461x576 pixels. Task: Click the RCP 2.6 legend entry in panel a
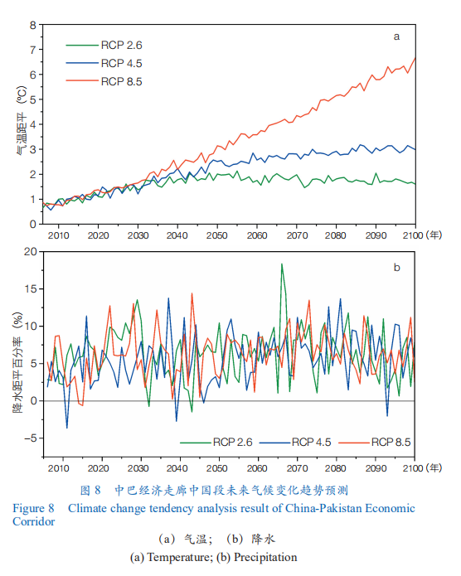click(x=104, y=45)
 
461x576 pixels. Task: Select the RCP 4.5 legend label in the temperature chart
click(x=122, y=63)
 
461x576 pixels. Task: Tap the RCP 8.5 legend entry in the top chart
click(x=104, y=81)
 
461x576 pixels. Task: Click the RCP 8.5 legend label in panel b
click(x=391, y=442)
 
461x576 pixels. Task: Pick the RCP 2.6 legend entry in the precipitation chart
click(x=216, y=442)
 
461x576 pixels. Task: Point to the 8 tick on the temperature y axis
click(x=33, y=26)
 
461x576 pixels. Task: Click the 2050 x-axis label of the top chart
click(x=217, y=235)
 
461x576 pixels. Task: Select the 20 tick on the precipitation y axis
click(x=31, y=252)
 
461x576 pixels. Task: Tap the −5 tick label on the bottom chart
click(x=31, y=438)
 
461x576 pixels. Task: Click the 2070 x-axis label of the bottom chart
click(x=297, y=468)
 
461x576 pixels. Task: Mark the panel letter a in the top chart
click(x=396, y=36)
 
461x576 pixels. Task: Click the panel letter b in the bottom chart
click(x=396, y=267)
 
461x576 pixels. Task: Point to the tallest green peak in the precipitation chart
click(x=282, y=264)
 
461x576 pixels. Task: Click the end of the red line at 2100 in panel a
click(x=415, y=58)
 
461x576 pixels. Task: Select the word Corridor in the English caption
click(x=33, y=521)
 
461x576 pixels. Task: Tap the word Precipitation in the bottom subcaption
click(x=265, y=557)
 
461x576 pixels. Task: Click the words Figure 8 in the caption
click(x=33, y=508)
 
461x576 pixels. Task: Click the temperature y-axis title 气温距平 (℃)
click(x=22, y=120)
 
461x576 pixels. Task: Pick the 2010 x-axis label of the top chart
click(x=58, y=235)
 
